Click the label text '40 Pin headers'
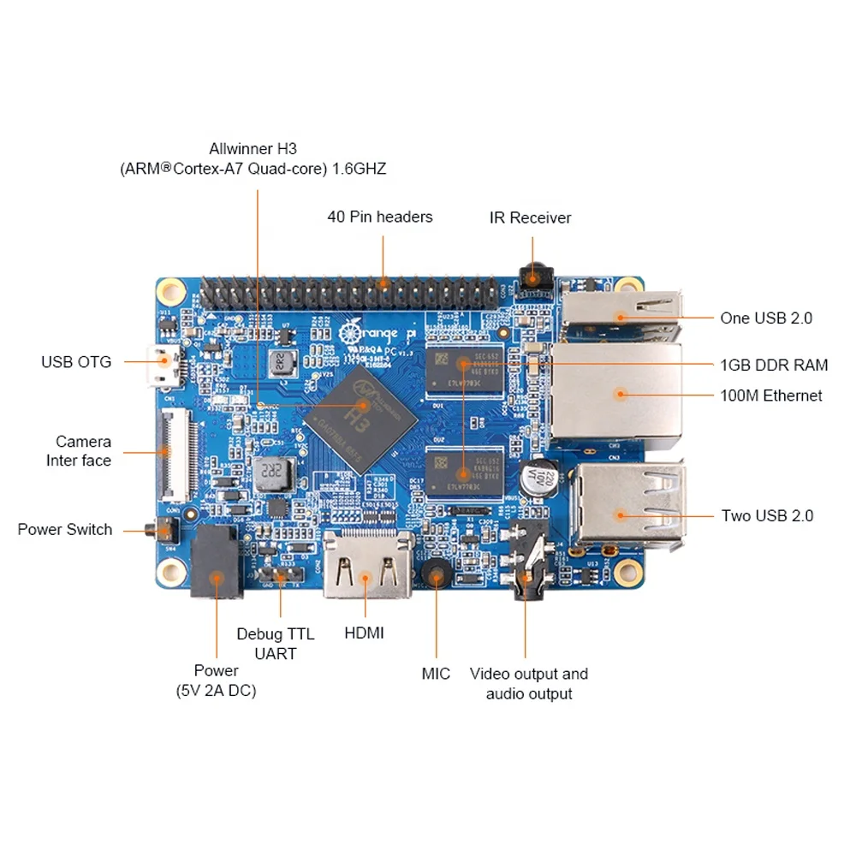pyautogui.click(x=380, y=217)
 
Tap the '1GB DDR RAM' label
pyautogui.click(x=774, y=366)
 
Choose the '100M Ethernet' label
pyautogui.click(x=770, y=395)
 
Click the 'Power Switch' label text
pyautogui.click(x=65, y=530)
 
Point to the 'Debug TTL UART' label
pyautogui.click(x=276, y=644)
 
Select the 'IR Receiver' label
pyautogui.click(x=530, y=217)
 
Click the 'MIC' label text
pyautogui.click(x=436, y=675)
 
